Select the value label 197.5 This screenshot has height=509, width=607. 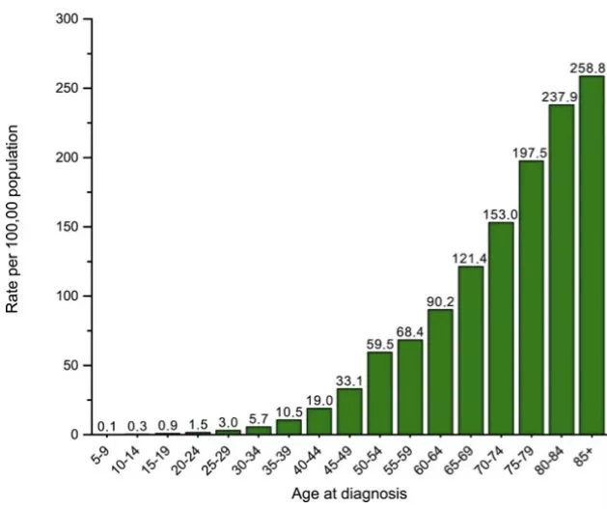click(x=530, y=153)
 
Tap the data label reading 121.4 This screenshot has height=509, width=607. click(x=470, y=258)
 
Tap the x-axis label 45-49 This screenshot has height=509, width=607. click(x=345, y=456)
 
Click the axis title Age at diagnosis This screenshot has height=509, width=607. click(x=348, y=494)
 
